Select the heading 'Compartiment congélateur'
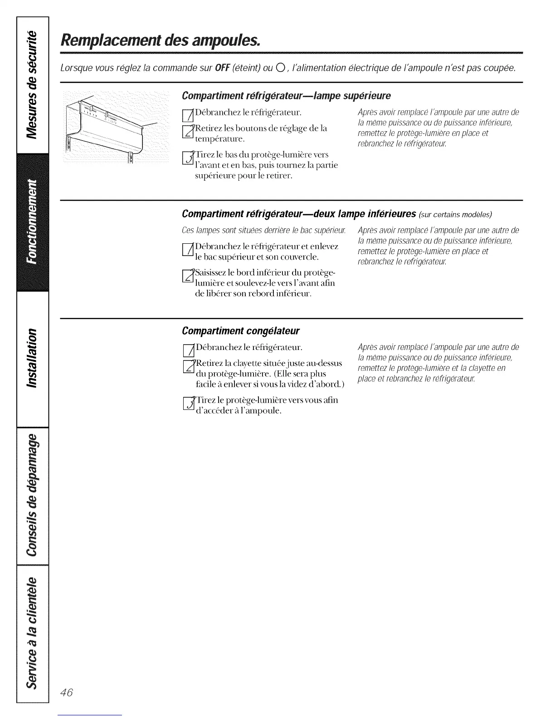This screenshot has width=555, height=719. click(240, 331)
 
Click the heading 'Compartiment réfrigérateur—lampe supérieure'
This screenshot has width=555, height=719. click(286, 96)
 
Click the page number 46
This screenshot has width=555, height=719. click(66, 693)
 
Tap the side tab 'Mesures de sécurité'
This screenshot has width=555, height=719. click(32, 84)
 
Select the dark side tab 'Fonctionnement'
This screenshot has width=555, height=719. click(32, 223)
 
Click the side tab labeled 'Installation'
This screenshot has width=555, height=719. click(32, 359)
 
